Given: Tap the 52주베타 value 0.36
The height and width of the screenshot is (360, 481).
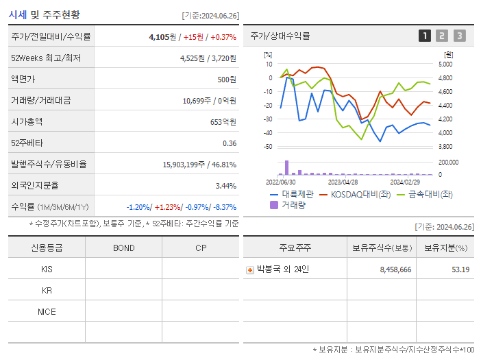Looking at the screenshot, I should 230,143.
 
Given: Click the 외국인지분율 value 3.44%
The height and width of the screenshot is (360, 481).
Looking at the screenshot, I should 225,186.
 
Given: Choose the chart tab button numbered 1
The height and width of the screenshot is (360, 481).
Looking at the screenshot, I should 425,36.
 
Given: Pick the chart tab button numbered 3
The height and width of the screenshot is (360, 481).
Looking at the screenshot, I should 459,36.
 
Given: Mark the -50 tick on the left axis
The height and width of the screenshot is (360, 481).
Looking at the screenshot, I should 269,147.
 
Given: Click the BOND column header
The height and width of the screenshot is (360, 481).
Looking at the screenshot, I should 123,248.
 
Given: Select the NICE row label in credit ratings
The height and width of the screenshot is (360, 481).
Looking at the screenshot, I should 47,312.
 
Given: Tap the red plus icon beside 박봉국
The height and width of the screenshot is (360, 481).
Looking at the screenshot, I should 250,270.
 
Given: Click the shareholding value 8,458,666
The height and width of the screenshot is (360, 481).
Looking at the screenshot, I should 395,270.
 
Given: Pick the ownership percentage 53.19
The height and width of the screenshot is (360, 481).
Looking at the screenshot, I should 460,270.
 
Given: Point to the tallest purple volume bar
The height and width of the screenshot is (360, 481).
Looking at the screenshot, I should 286,168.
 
